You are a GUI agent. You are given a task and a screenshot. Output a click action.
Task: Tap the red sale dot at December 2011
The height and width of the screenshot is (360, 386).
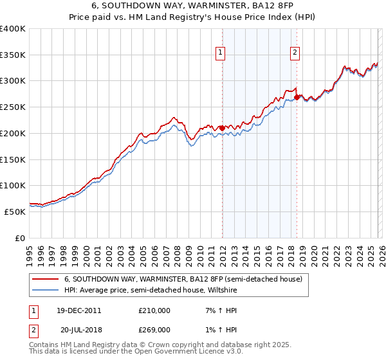pos(222,127)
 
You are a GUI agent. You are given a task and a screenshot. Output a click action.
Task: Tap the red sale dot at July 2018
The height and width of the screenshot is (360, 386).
pos(297,97)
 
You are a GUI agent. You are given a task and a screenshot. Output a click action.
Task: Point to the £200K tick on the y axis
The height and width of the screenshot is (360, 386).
pos(12,133)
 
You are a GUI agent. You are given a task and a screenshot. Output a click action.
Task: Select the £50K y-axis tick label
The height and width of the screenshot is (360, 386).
pos(14,211)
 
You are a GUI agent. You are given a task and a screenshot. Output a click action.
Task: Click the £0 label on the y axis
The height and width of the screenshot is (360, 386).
pos(21,237)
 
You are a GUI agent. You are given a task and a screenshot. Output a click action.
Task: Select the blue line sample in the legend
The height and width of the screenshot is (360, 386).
pos(45,290)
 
